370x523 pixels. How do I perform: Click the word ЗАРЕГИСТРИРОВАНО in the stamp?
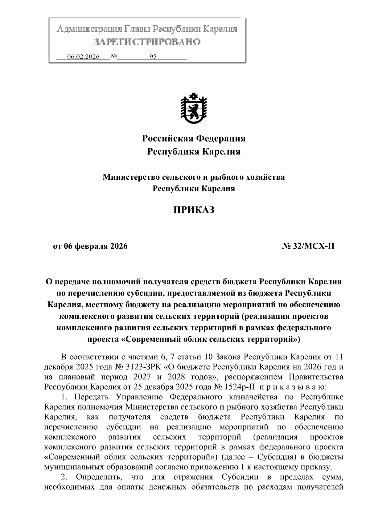coord(147,42)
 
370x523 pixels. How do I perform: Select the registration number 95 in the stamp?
coord(153,57)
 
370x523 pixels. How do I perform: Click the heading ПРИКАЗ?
coord(193,210)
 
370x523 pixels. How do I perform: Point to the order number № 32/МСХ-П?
coord(308,247)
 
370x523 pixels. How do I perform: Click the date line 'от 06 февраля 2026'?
coord(90,247)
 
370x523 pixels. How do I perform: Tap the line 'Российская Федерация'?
coord(194,138)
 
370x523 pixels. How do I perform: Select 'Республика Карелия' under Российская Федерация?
coord(194,152)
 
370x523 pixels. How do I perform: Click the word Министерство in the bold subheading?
coord(130,177)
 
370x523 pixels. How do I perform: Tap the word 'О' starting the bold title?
coord(48,282)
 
